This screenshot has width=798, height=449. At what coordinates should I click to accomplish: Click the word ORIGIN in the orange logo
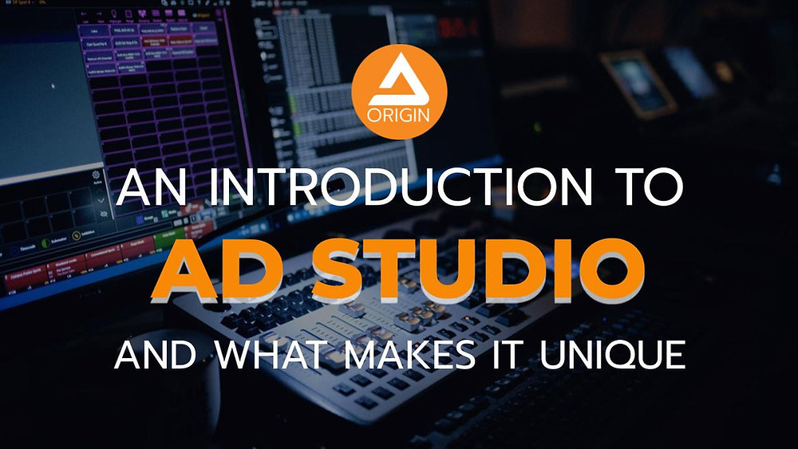[x=399, y=112]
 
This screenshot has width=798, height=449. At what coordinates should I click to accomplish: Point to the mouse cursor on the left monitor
[x=53, y=85]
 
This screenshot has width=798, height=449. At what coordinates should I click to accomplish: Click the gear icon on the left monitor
[x=97, y=174]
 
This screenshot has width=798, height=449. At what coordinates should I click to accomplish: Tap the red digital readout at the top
[x=460, y=30]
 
